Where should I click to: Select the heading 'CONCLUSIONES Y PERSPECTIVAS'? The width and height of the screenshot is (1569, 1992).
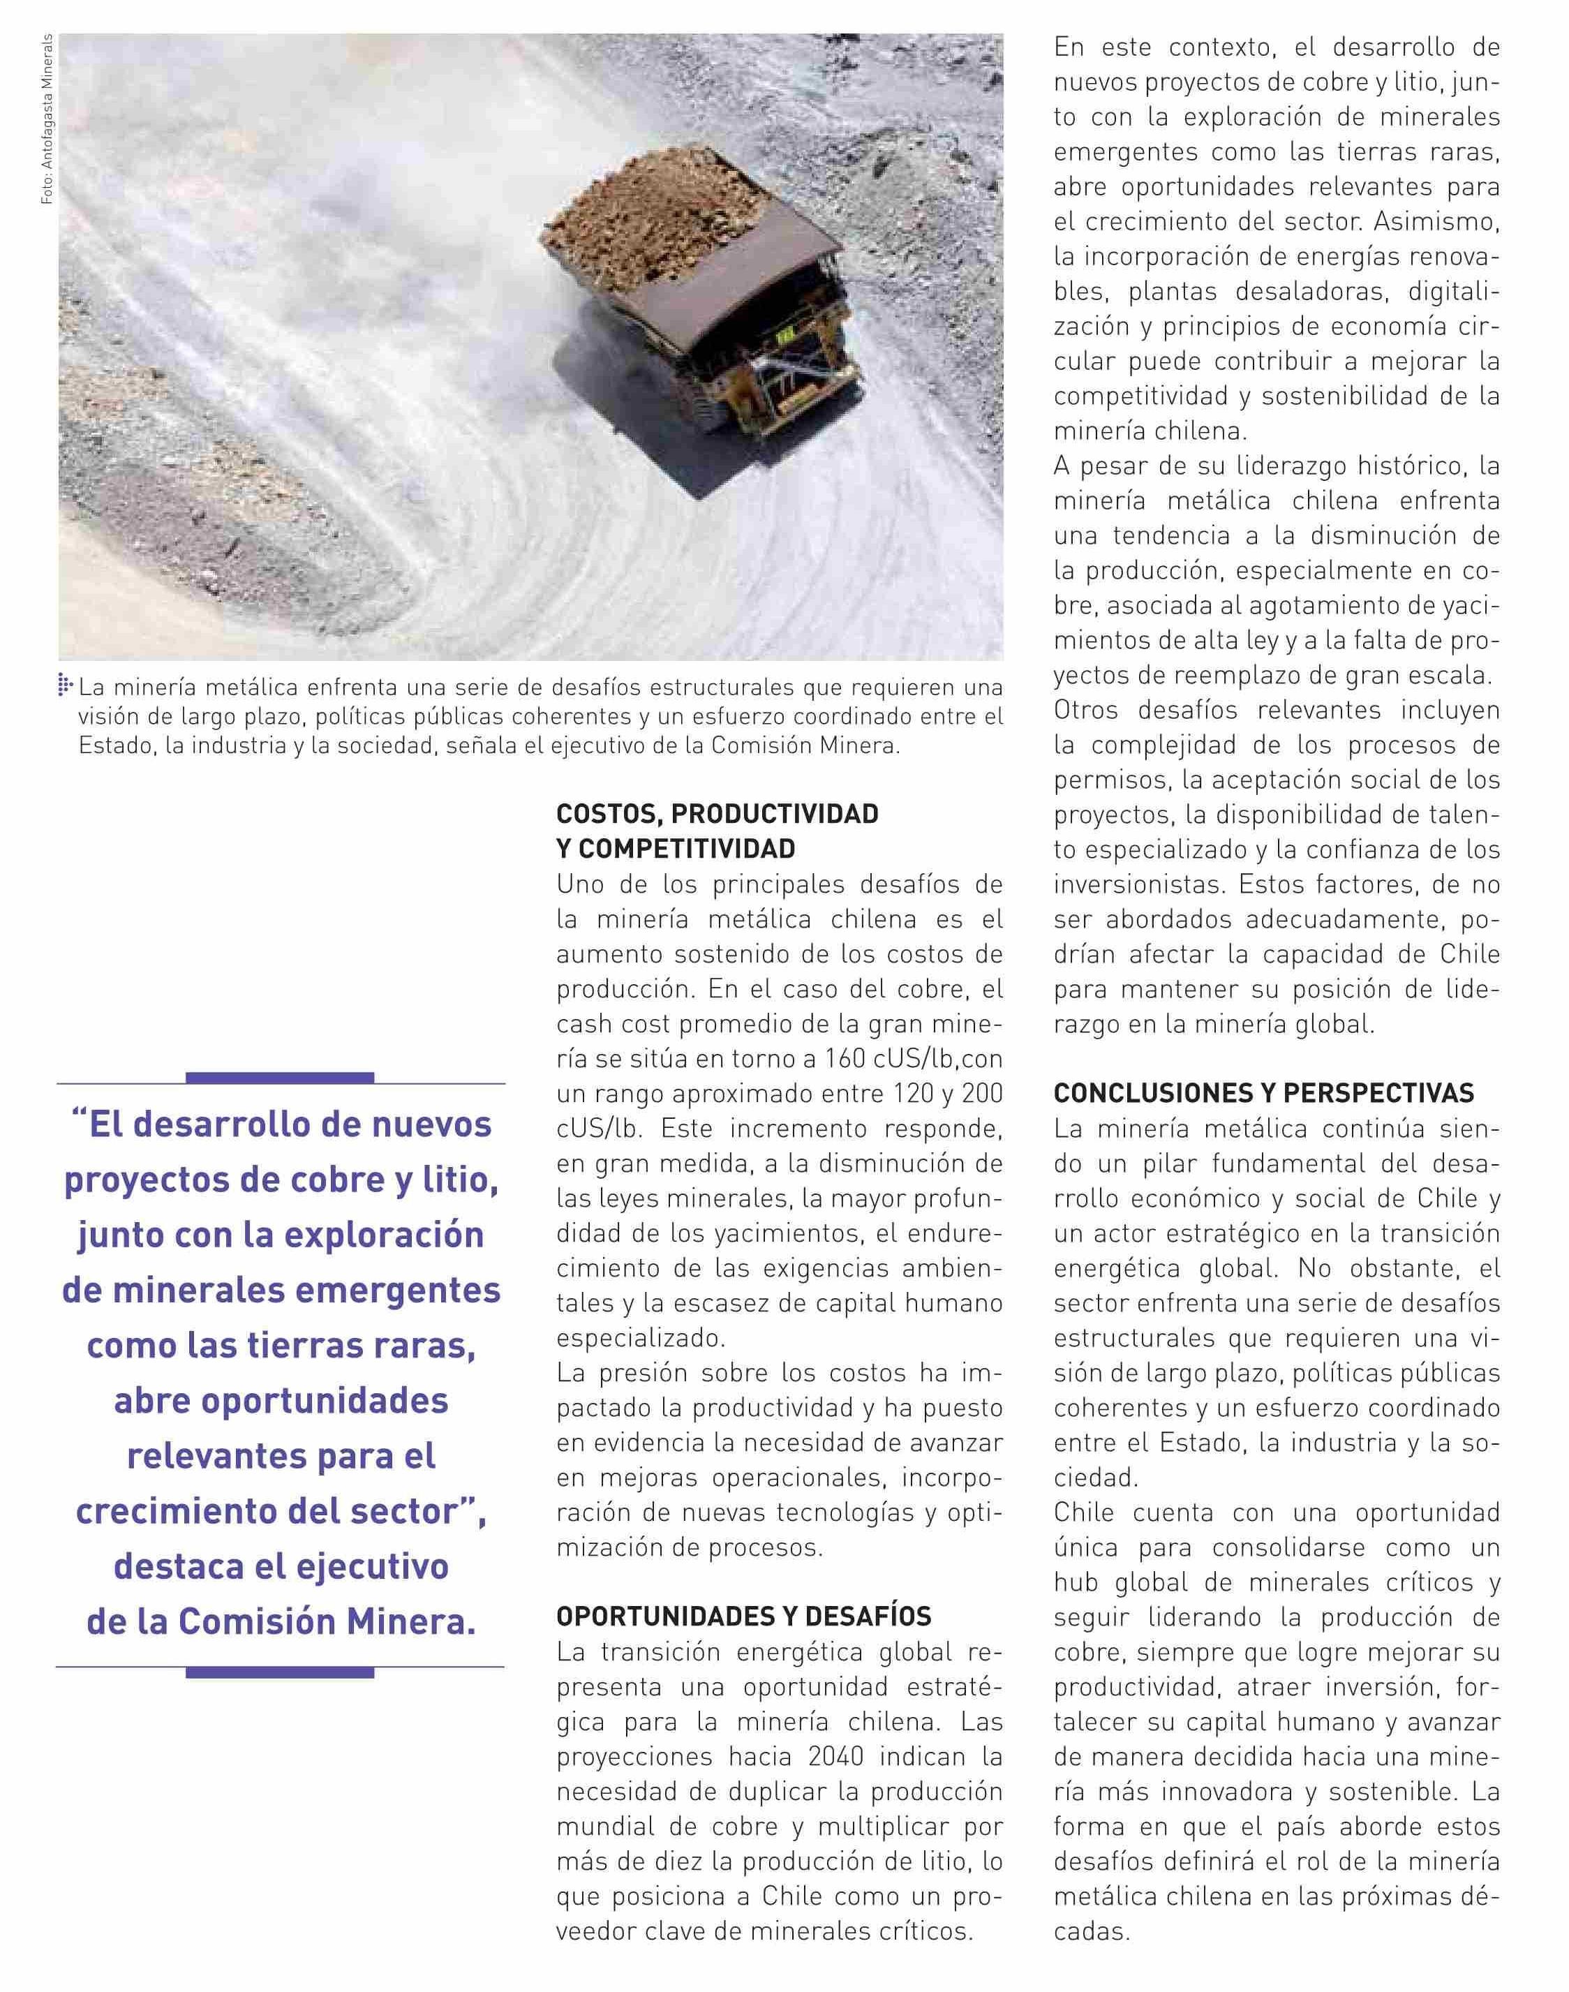1264,1092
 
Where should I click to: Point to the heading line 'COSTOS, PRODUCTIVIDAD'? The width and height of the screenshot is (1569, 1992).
717,814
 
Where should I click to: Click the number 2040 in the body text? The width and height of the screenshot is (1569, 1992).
836,1756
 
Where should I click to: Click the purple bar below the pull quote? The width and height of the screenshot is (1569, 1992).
280,1672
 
